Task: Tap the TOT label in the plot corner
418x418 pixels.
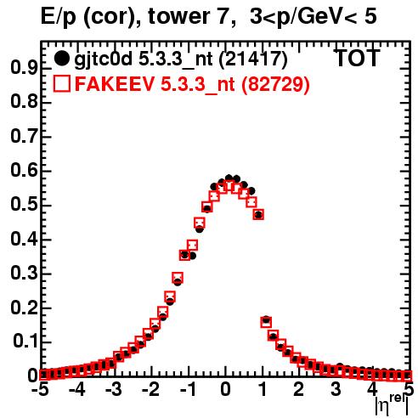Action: tap(357, 58)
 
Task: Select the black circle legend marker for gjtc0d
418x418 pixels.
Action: tap(61, 59)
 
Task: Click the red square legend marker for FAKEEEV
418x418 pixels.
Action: tap(61, 84)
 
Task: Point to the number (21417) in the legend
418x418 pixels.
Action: tap(253, 59)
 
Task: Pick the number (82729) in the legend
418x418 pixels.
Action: tap(275, 84)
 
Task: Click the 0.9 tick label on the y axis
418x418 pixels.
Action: tap(24, 68)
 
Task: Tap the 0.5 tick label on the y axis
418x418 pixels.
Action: tap(24, 205)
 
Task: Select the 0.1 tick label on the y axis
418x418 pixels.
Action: tap(25, 342)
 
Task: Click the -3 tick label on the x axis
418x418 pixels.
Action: tap(114, 390)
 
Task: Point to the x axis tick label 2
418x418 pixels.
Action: tap(299, 390)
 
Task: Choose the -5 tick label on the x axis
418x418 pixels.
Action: tap(40, 390)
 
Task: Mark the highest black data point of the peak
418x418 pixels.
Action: tap(229, 178)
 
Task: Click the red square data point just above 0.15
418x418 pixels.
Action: tap(266, 322)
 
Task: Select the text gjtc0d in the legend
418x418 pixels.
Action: tap(104, 60)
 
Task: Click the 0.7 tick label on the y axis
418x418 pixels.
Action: tap(24, 137)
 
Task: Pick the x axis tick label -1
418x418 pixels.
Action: tap(188, 390)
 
